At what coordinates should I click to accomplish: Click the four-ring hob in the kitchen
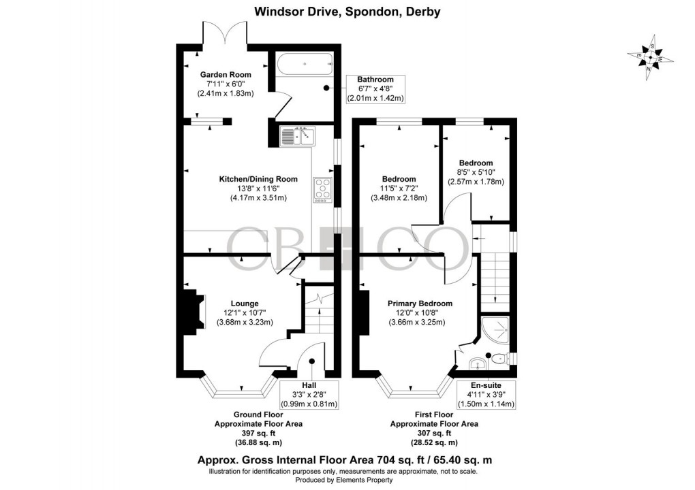(x=322, y=189)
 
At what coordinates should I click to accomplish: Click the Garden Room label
(x=225, y=74)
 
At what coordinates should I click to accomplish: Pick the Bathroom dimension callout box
(x=376, y=89)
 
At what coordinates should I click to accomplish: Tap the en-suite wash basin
(x=478, y=361)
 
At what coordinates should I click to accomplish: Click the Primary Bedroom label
(x=420, y=304)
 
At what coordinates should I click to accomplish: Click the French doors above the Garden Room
(x=223, y=34)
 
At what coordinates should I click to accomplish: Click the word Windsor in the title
(x=279, y=11)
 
